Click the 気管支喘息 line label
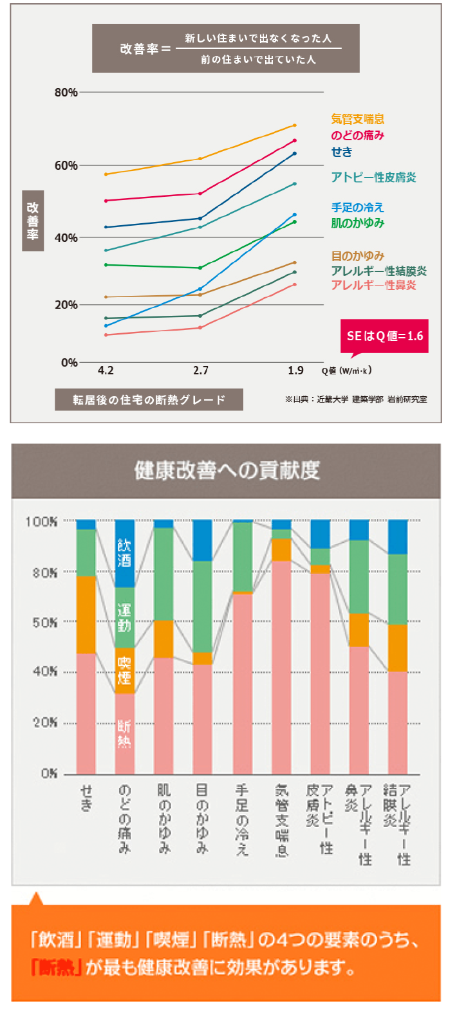coord(357,119)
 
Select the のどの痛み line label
coord(357,135)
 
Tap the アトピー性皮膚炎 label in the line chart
coord(373,177)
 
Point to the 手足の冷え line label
coord(357,207)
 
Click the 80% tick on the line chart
coord(66,92)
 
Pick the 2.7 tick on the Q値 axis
coord(201,370)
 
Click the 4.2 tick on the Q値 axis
coord(106,370)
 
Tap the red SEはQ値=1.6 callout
coord(384,336)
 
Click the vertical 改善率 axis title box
coord(33,220)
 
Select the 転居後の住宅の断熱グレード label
coord(149,399)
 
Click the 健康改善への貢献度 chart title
coord(227,471)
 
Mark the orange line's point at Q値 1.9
coord(294,125)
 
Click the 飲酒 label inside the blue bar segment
coord(124,553)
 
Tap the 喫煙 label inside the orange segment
coord(124,670)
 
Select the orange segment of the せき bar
coord(86,614)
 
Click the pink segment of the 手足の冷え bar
coord(243,682)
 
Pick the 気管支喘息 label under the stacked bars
coord(281,820)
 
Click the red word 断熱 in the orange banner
coord(56,967)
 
